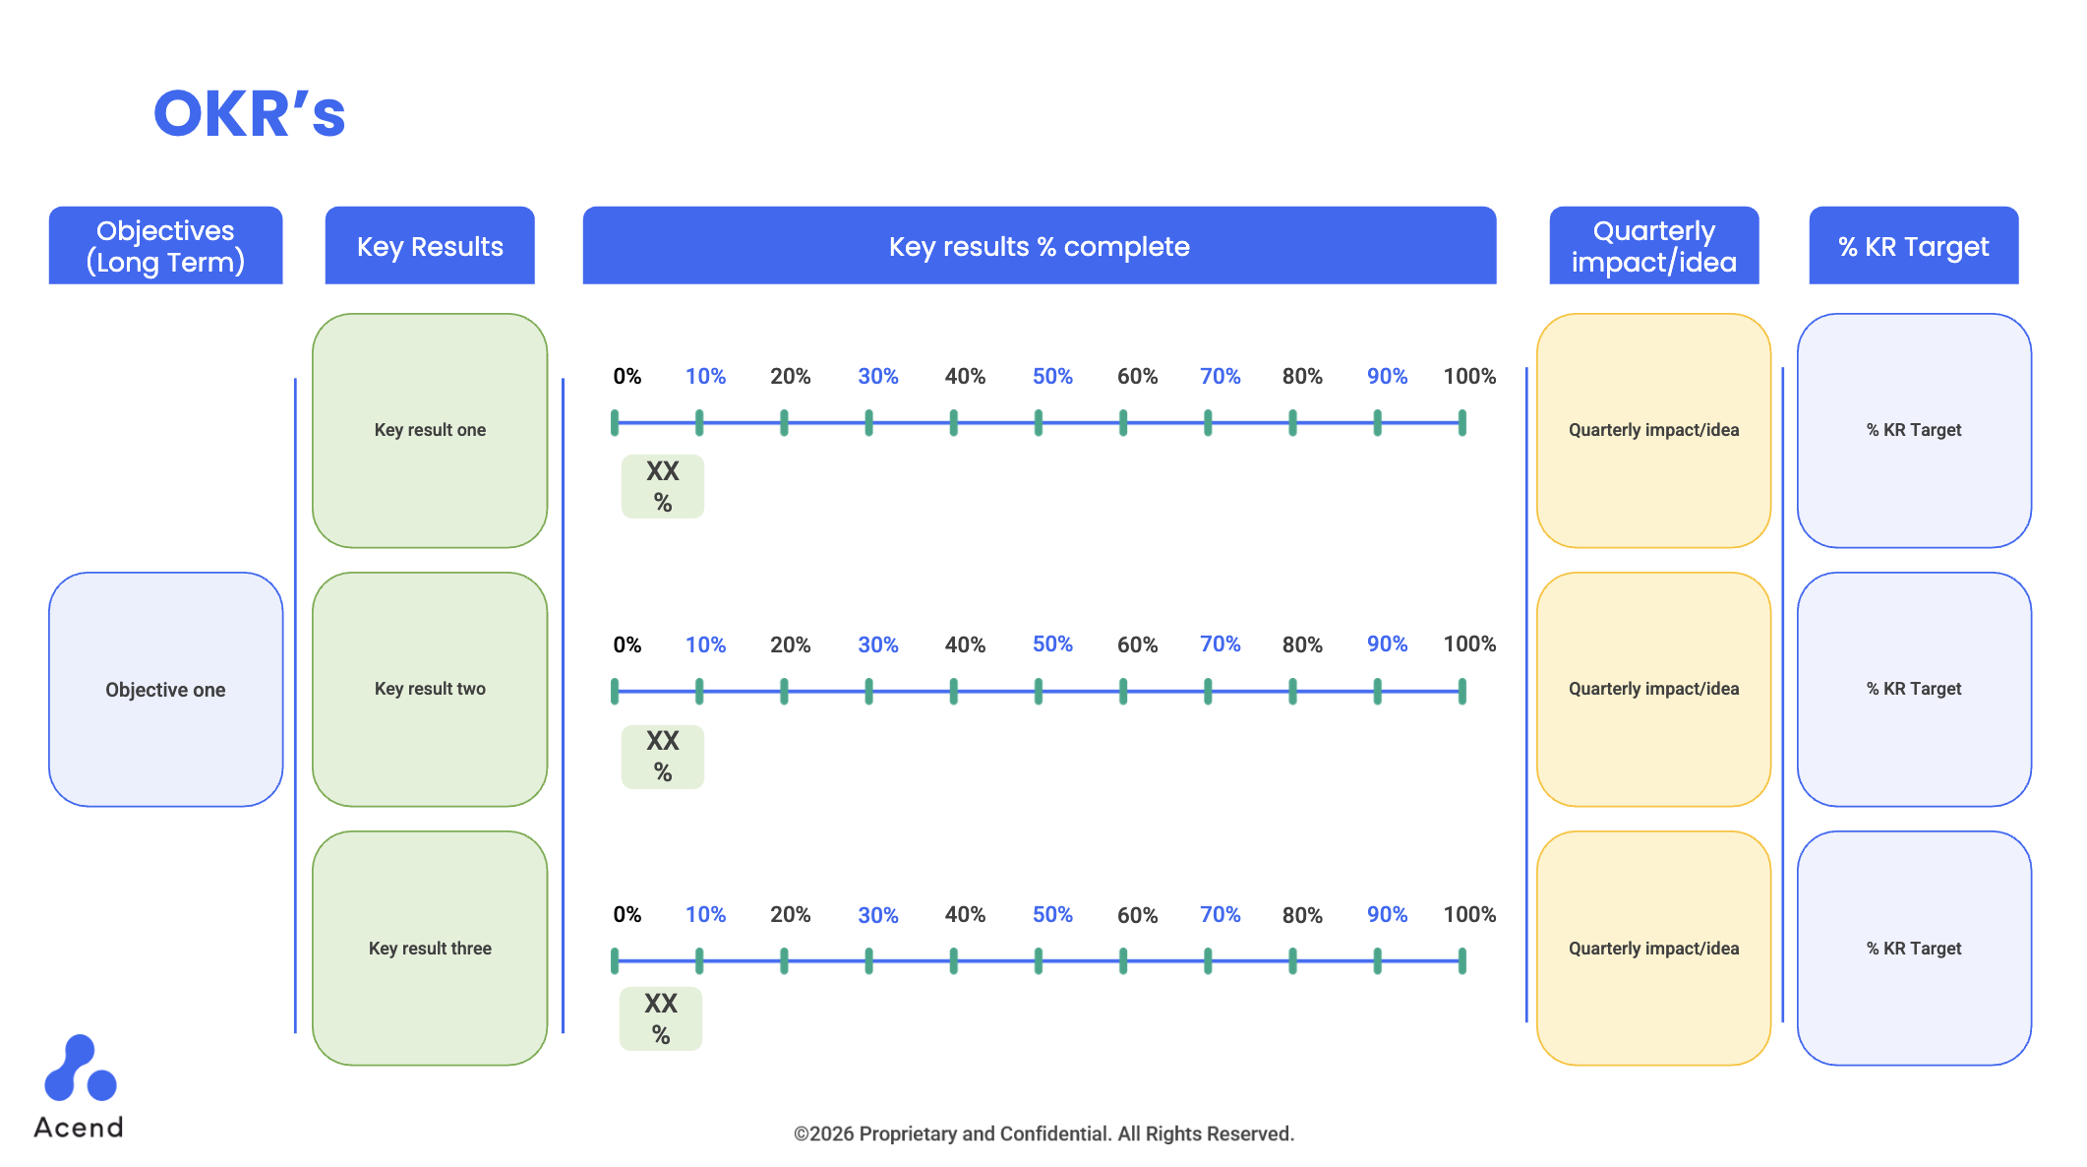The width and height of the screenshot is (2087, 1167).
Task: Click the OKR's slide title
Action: (249, 113)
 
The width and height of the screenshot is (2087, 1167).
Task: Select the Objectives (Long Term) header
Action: (165, 246)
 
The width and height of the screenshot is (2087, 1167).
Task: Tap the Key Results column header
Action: (430, 246)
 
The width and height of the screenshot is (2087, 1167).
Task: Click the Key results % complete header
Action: (1039, 246)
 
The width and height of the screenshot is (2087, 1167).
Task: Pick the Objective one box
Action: (165, 690)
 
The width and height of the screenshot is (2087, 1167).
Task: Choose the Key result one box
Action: (430, 430)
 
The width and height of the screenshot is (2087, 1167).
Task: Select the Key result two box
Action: (430, 689)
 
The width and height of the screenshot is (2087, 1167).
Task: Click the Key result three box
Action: (430, 948)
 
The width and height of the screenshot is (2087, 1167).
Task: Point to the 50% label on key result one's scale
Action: (1051, 376)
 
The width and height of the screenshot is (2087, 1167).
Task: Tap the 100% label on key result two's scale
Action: (1469, 645)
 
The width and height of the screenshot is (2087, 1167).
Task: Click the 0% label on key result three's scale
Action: (626, 914)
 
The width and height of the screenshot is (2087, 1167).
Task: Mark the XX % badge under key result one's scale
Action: (663, 486)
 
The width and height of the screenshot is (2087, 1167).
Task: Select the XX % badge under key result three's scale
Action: (661, 1018)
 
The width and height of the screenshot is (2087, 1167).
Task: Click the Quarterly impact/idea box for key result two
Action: (1653, 689)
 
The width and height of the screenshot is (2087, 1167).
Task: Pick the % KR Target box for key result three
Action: (1913, 948)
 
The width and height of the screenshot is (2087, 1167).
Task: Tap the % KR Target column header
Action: (1913, 246)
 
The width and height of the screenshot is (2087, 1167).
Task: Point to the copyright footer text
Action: (1043, 1134)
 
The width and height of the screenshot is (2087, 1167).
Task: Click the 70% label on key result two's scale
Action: (1220, 645)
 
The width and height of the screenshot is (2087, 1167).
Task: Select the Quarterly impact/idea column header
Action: (1653, 246)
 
